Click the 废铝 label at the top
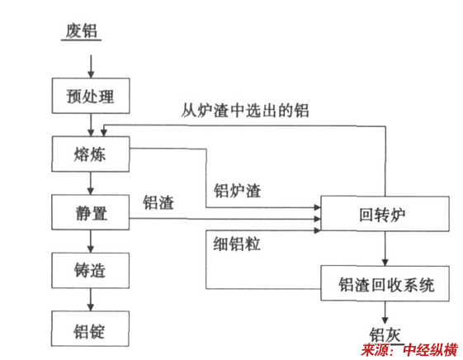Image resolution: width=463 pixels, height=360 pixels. pyautogui.click(x=81, y=31)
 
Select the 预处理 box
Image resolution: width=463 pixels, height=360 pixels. pyautogui.click(x=91, y=96)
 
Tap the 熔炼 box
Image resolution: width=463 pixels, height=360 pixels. pyautogui.click(x=90, y=154)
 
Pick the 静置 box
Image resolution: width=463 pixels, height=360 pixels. pyautogui.click(x=90, y=212)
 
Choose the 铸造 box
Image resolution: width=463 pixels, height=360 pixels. pyautogui.click(x=90, y=270)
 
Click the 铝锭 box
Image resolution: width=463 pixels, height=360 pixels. pyautogui.click(x=90, y=329)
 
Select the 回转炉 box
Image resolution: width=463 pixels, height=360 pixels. pyautogui.click(x=385, y=214)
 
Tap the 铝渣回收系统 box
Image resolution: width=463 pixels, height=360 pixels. pyautogui.click(x=385, y=283)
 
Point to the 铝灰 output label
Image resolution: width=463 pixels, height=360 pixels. pyautogui.click(x=385, y=335)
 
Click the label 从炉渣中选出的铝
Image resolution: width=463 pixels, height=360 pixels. pyautogui.click(x=245, y=111)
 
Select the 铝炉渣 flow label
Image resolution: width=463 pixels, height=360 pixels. pyautogui.click(x=238, y=191)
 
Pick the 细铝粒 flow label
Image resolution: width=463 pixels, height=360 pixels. pyautogui.click(x=237, y=244)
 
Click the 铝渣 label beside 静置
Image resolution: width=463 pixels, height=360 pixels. pyautogui.click(x=158, y=202)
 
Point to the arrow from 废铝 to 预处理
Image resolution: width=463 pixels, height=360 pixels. pyautogui.click(x=91, y=66)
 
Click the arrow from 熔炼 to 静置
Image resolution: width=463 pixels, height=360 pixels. pyautogui.click(x=91, y=183)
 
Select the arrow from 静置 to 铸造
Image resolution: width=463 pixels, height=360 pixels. pyautogui.click(x=91, y=241)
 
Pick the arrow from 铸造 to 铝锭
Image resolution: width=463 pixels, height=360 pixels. pyautogui.click(x=91, y=300)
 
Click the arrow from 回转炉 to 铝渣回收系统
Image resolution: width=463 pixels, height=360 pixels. pyautogui.click(x=385, y=249)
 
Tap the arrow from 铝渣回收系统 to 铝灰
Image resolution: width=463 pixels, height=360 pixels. pyautogui.click(x=385, y=312)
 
